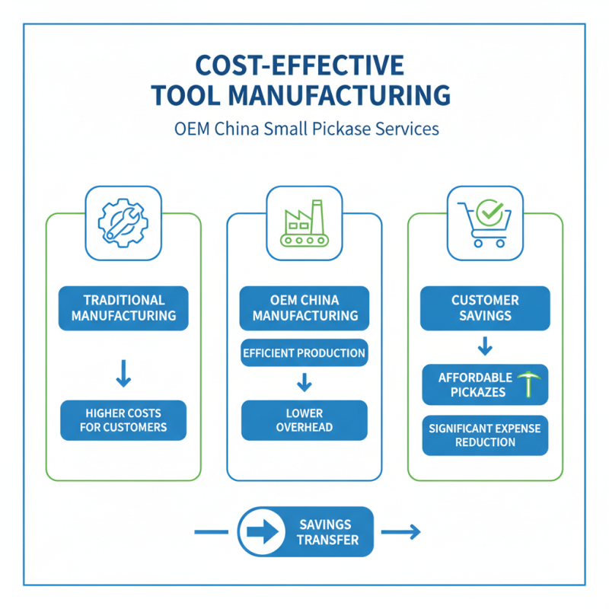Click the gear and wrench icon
coord(123,222)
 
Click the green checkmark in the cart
coord(489,212)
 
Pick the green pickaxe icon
coord(528,384)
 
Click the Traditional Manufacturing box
coord(123,308)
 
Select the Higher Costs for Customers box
coord(123,420)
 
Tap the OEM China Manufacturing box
coord(304,308)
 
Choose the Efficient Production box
coord(304,352)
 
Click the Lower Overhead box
coord(304,420)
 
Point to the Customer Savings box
coord(485,308)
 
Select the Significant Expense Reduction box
coord(485,435)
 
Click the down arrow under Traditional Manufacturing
coord(123,374)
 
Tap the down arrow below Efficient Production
coord(304,382)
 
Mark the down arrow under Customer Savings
coord(485,346)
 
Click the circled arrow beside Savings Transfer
coord(262,531)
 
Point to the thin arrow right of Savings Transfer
coord(401,531)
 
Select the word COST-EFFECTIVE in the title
coord(299,65)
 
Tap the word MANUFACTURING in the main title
coord(339,95)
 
